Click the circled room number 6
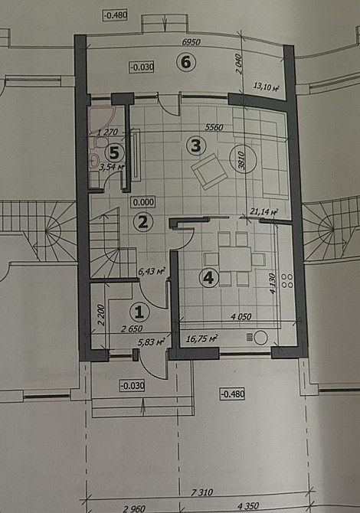[x=184, y=63]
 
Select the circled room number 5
[x=113, y=153]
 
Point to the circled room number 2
[x=141, y=222]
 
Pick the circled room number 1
[x=139, y=311]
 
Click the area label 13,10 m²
[x=264, y=87]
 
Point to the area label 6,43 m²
[x=150, y=270]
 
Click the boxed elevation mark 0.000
[x=142, y=202]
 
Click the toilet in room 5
[x=93, y=162]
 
